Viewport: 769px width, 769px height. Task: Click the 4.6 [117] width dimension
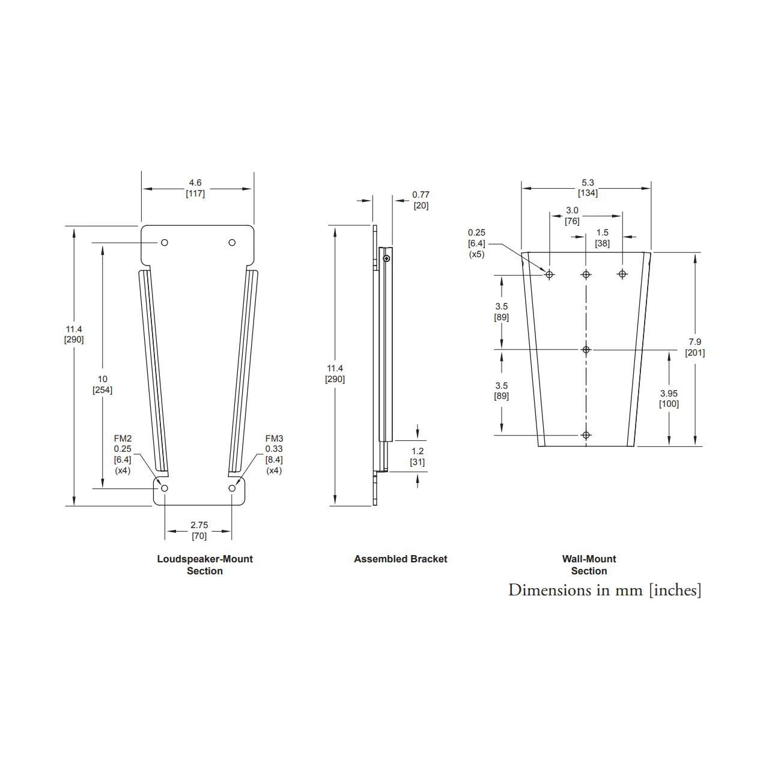point(195,188)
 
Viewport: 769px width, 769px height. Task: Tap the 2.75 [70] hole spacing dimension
point(199,530)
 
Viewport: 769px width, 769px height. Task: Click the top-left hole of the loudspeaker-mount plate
point(165,242)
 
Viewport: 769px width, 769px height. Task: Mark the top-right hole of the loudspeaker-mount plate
point(232,242)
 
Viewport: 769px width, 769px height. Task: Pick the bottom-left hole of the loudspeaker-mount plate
point(165,488)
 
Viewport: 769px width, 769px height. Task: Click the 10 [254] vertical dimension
point(102,384)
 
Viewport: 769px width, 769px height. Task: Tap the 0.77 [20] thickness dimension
point(421,200)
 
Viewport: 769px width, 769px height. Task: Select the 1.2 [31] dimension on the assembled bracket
point(417,457)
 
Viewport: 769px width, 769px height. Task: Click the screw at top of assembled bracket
point(387,259)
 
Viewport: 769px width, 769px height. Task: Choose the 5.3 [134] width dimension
point(588,187)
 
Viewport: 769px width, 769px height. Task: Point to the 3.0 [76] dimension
point(573,215)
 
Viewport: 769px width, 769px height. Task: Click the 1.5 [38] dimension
point(602,238)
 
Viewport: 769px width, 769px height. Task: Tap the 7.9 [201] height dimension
point(695,347)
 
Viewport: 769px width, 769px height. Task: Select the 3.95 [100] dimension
point(669,398)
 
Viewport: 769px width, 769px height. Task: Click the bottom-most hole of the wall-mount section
point(586,435)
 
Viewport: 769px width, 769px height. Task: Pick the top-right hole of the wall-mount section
point(622,274)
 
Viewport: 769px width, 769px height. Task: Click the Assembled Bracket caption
point(401,559)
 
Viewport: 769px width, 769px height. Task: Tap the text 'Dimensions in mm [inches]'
point(604,590)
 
